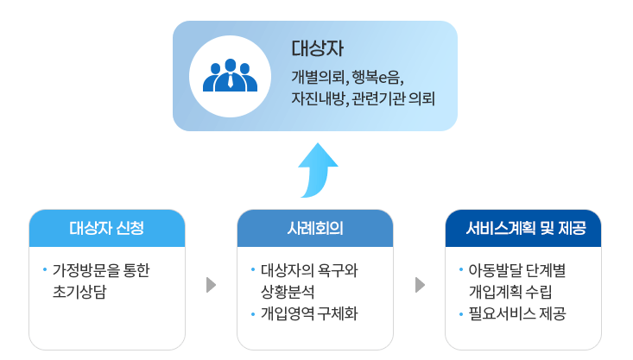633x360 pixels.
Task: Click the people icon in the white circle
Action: click(231, 75)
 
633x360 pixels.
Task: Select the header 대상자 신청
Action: click(107, 229)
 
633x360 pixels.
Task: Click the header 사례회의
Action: click(315, 229)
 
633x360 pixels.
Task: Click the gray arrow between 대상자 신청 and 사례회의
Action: click(211, 285)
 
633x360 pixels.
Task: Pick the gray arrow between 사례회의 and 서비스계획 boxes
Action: click(420, 285)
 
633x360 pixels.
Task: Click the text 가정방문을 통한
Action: click(101, 270)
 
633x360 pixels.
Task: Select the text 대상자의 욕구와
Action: click(308, 270)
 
